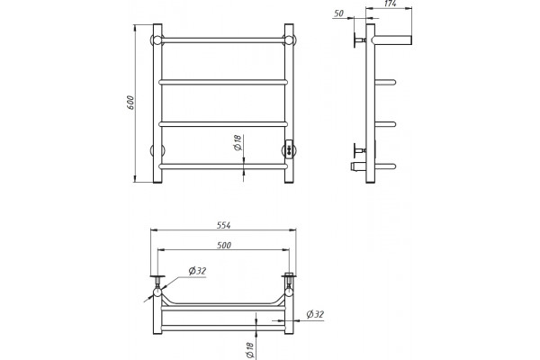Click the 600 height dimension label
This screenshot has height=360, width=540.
[130, 103]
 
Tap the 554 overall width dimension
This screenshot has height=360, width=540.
[223, 225]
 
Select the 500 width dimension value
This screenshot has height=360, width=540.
[224, 246]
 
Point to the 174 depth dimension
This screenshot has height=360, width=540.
[390, 4]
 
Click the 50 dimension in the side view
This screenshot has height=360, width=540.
[339, 13]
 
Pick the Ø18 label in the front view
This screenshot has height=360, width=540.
[238, 142]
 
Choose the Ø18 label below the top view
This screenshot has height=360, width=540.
[249, 350]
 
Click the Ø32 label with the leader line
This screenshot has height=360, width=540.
[197, 271]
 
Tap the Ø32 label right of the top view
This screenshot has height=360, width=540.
[315, 314]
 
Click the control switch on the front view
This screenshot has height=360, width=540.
[289, 149]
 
